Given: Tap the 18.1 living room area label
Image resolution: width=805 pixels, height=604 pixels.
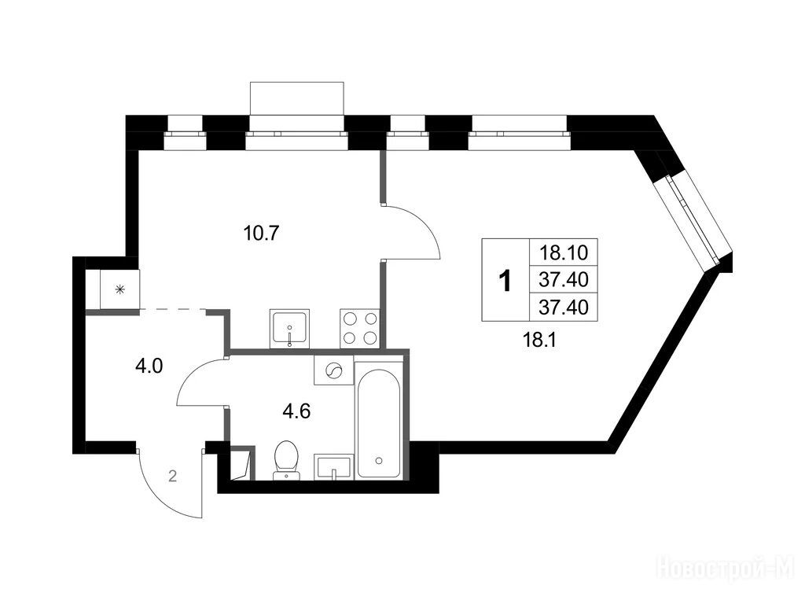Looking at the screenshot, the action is pyautogui.click(x=539, y=340).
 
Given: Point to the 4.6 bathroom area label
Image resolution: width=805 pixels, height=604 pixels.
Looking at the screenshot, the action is pyautogui.click(x=296, y=411).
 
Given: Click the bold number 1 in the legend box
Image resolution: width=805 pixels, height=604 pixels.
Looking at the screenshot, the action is pyautogui.click(x=505, y=282).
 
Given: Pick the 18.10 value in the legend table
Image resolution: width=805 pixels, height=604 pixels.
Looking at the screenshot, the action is pyautogui.click(x=563, y=252).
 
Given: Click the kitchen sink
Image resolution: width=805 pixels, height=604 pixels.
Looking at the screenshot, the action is pyautogui.click(x=289, y=329).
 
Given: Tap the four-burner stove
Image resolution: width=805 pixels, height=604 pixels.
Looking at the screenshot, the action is pyautogui.click(x=359, y=329).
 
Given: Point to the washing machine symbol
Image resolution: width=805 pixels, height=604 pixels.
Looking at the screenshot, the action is pyautogui.click(x=333, y=370).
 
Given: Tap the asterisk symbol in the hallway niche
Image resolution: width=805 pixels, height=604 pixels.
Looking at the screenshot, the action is pyautogui.click(x=119, y=291).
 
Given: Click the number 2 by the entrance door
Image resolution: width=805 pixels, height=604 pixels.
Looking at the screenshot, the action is pyautogui.click(x=172, y=477).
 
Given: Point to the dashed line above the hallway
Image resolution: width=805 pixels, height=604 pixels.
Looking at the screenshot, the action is pyautogui.click(x=172, y=309).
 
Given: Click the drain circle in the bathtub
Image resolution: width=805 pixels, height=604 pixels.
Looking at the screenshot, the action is pyautogui.click(x=379, y=460).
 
